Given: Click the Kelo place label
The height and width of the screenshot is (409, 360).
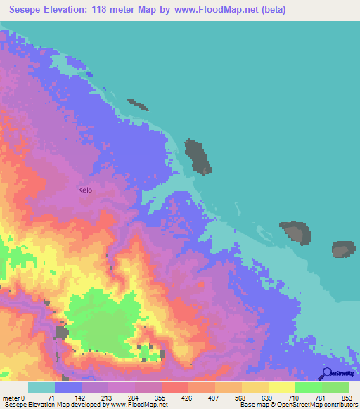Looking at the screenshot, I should coord(84,190).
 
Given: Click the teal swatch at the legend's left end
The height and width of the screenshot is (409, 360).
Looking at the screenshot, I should coord(41,387).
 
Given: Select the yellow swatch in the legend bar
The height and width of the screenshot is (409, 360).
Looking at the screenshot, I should coord(281,387).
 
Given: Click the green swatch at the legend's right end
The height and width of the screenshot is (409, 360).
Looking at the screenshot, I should coord(335,387).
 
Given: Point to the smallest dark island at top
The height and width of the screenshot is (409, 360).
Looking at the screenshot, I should coord(138,105).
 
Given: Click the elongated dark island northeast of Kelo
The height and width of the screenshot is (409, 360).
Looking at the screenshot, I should coord(198,157).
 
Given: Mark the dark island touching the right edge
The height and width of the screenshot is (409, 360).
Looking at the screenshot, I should coord(344,249).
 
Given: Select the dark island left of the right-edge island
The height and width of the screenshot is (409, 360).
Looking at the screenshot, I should coord(296,232).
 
